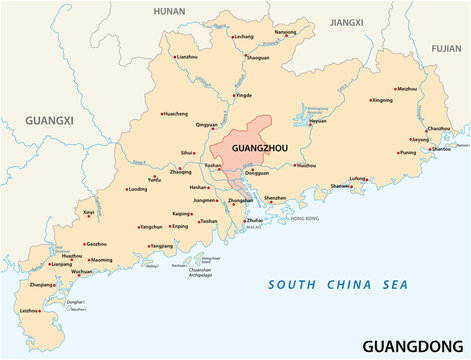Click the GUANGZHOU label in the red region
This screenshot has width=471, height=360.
(258, 147)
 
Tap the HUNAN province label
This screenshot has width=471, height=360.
(170, 11)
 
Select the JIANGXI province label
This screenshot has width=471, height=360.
(347, 21)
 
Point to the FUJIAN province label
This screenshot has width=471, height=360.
(447, 47)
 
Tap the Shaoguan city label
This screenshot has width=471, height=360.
(258, 58)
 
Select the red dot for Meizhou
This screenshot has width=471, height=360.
(393, 89)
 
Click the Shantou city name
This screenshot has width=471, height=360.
(441, 149)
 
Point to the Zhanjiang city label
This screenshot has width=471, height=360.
(42, 285)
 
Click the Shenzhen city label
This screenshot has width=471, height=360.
(275, 198)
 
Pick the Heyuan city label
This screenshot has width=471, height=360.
(318, 121)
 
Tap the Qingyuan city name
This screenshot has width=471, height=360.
(206, 125)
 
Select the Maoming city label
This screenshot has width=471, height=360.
(102, 260)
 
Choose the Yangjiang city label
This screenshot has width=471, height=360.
(162, 245)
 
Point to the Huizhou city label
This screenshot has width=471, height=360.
(306, 165)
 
